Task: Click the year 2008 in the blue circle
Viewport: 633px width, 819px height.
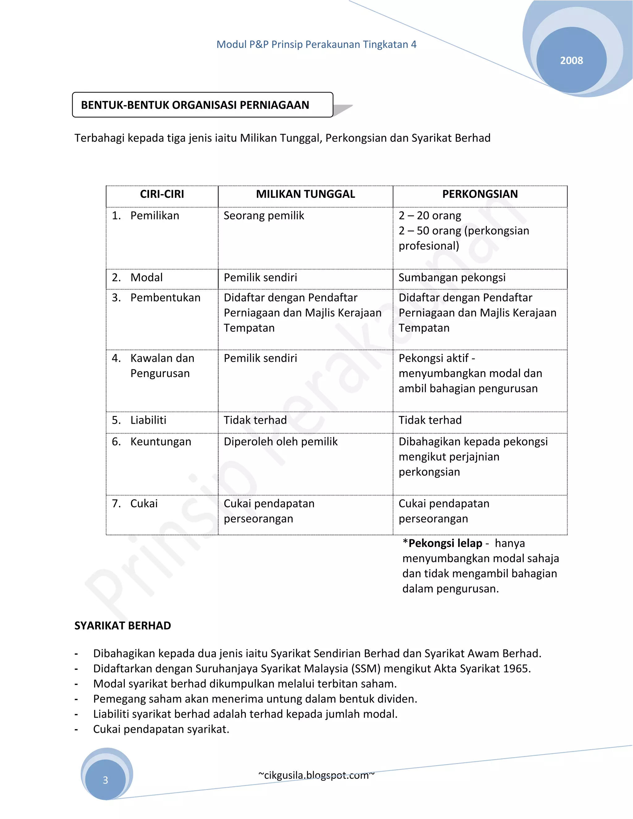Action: point(571,60)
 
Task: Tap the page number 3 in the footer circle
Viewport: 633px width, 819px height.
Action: point(105,780)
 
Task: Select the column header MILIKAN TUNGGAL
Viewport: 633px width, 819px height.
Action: point(305,194)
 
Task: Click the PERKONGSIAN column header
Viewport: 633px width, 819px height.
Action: point(480,194)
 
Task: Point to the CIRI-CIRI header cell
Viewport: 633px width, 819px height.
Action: point(162,194)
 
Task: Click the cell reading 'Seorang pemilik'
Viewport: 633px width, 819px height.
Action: point(264,216)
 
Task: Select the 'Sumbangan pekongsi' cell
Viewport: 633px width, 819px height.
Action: point(452,278)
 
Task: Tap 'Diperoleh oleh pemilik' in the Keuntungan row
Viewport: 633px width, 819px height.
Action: point(281,442)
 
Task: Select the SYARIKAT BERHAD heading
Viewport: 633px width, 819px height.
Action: point(123,626)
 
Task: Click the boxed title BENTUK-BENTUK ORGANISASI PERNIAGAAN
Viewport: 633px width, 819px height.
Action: point(195,105)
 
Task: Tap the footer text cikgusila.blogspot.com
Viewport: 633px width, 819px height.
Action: point(316,775)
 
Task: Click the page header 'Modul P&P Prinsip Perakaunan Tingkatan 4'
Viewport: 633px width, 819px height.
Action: point(316,45)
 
